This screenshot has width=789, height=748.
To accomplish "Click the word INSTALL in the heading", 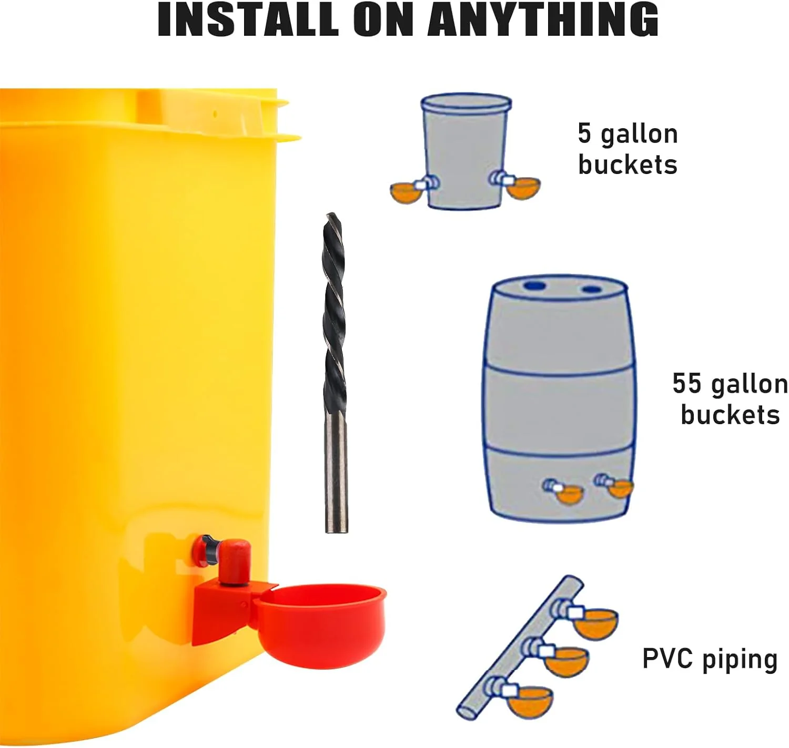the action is tap(248, 21).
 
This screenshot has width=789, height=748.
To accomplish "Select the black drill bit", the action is tap(335, 373).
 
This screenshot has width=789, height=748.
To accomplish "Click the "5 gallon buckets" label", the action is tap(628, 149).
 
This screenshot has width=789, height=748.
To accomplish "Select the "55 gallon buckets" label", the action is tap(731, 398).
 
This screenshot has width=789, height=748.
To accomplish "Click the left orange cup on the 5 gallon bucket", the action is tap(406, 192).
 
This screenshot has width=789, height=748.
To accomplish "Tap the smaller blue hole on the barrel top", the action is tap(592, 290).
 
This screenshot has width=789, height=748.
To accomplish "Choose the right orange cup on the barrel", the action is tap(621, 489).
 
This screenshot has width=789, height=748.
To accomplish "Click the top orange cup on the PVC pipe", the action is tap(595, 624).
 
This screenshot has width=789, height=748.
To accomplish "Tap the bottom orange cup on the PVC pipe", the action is tap(530, 701).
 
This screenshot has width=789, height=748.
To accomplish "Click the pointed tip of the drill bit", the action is tap(330, 213).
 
